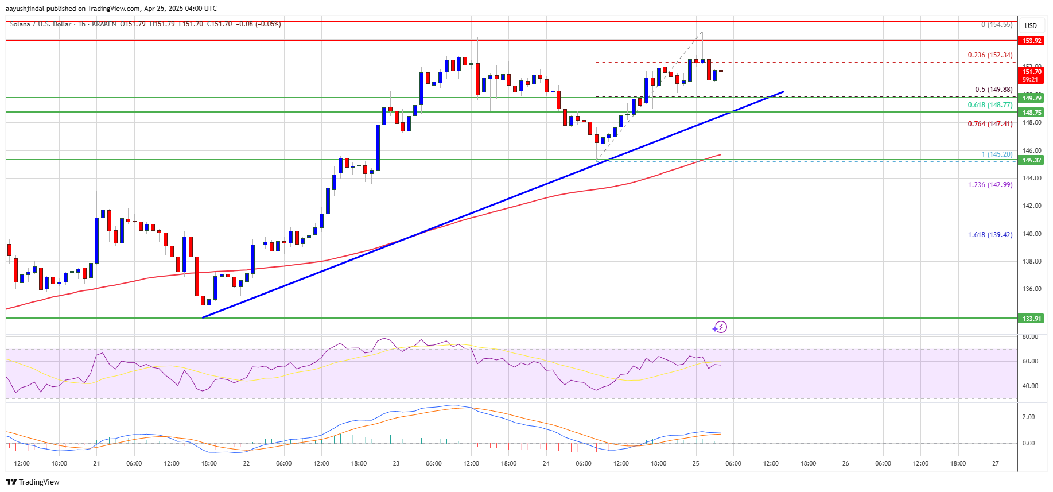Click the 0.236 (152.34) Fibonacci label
[x=990, y=55]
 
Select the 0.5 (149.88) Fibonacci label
[x=993, y=90]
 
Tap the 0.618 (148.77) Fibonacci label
[x=990, y=105]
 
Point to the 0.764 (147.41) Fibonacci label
[x=990, y=124]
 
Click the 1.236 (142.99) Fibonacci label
[x=990, y=185]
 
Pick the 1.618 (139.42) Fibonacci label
[x=990, y=235]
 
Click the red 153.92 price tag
[x=1031, y=41]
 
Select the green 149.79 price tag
[x=1031, y=98]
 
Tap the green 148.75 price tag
[x=1031, y=113]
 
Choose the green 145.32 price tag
[x=1031, y=160]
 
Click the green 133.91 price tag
[x=1031, y=319]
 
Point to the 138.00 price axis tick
[x=1031, y=261]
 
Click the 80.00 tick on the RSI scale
[x=1030, y=336]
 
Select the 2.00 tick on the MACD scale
[x=1028, y=417]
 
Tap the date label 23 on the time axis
[x=396, y=463]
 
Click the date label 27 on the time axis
[x=995, y=463]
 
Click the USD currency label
[x=1031, y=26]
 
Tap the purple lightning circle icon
[x=720, y=327]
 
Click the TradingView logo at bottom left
[x=33, y=482]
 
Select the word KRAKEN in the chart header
[x=103, y=24]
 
